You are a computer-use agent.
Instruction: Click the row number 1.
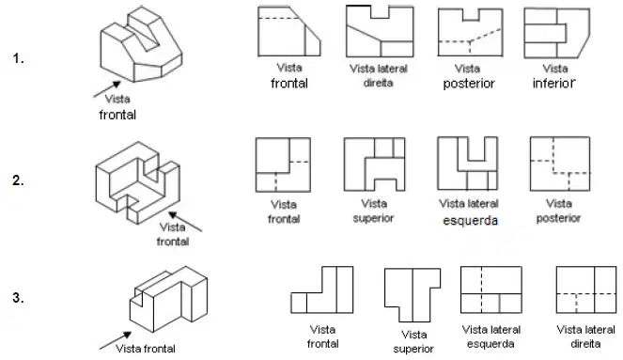(x=18, y=58)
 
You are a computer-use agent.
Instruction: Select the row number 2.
(x=18, y=180)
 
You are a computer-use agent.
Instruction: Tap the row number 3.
(x=18, y=298)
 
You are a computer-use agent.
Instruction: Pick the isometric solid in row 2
(x=137, y=182)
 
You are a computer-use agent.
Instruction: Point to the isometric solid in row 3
(x=168, y=299)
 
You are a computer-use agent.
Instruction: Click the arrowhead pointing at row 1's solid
(x=117, y=85)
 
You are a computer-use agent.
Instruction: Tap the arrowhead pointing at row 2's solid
(x=173, y=215)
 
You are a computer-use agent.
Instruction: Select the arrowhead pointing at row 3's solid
(x=127, y=336)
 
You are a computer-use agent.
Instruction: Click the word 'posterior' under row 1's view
(x=469, y=84)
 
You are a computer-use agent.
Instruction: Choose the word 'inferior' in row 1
(x=553, y=84)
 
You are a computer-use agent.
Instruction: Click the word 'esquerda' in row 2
(x=470, y=221)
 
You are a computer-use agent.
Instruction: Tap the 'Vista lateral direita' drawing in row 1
(x=380, y=31)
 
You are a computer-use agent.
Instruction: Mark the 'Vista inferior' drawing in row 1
(x=556, y=33)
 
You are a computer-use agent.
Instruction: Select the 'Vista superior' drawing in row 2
(x=374, y=164)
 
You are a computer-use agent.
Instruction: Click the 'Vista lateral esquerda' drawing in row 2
(x=467, y=164)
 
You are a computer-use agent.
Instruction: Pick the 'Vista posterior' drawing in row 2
(x=560, y=164)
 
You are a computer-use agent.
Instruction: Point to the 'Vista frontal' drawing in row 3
(x=321, y=290)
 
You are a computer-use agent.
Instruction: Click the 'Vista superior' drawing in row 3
(x=413, y=295)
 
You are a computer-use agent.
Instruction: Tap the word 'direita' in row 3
(x=585, y=344)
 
